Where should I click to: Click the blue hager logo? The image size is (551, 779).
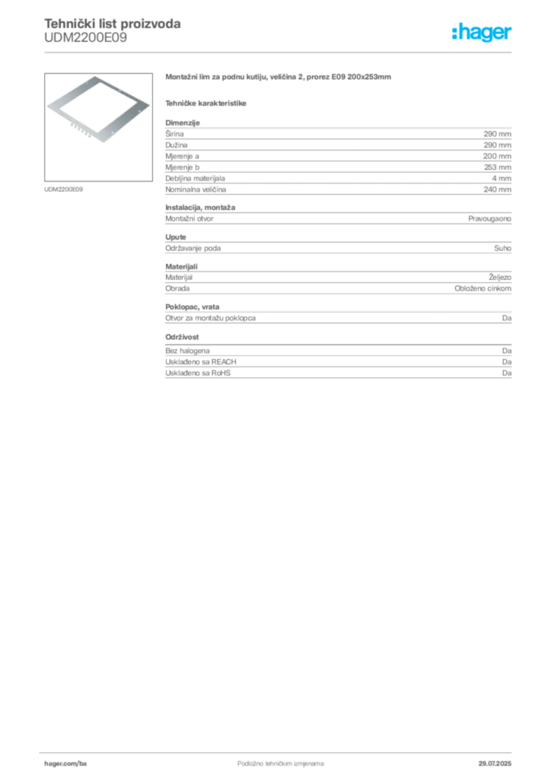pyautogui.click(x=483, y=33)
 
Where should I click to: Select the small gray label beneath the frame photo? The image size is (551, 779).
pyautogui.click(x=63, y=188)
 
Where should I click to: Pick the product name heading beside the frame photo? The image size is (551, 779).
pyautogui.click(x=279, y=79)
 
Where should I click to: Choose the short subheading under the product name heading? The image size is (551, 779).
pyautogui.click(x=207, y=101)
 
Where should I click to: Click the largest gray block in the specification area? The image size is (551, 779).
pyautogui.click(x=337, y=160)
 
